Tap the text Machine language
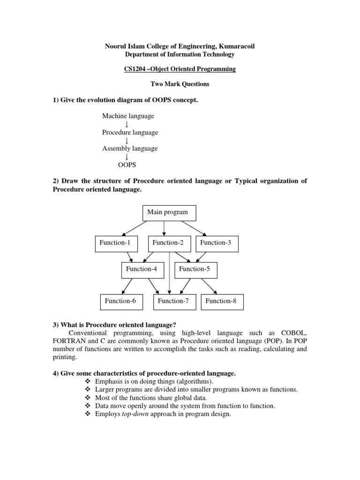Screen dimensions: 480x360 (x=128, y=116)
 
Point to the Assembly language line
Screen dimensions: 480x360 (x=130, y=149)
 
